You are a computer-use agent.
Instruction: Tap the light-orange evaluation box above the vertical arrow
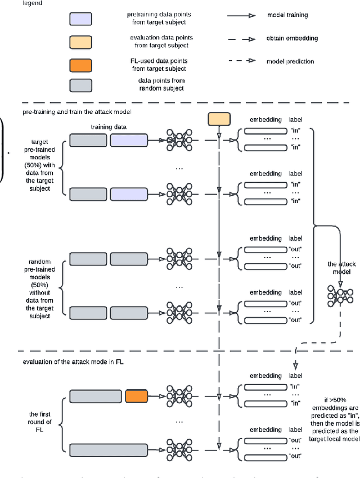point(219,119)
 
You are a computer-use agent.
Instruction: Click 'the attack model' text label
point(342,268)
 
